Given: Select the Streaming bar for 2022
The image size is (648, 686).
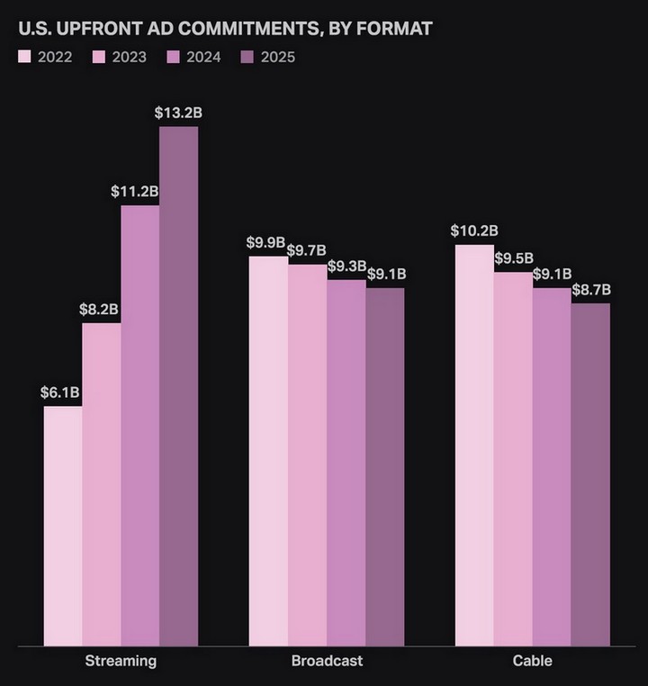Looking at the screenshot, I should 63,526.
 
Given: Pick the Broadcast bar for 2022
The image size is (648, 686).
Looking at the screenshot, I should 268,450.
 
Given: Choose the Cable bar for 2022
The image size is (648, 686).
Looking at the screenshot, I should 474,445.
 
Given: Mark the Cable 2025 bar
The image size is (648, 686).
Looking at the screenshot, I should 590,474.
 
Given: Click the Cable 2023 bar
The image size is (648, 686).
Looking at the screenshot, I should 513,458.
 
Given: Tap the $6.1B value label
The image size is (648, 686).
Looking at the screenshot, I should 60,393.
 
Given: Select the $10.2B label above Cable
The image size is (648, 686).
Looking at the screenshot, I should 472,230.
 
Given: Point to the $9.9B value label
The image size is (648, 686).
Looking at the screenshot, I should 265,242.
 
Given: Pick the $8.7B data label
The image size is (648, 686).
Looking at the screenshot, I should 591,290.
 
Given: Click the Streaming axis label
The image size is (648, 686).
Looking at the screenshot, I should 121,661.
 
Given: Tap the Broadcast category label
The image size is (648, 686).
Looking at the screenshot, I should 327,661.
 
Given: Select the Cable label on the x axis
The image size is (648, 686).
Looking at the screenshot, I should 532,661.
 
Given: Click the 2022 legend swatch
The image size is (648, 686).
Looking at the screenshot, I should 25,58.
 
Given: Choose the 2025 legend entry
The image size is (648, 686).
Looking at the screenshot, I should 268,58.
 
